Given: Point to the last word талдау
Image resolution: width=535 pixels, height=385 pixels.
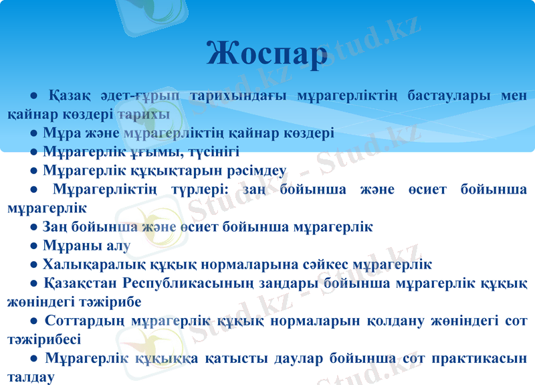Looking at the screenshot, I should pyautogui.click(x=31, y=377).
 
